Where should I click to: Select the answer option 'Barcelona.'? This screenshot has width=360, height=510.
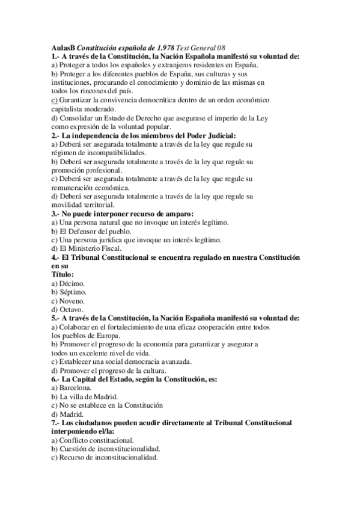75,388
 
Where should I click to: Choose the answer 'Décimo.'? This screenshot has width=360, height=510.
72,283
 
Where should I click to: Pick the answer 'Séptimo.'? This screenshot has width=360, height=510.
73,292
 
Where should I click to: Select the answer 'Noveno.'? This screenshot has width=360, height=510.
72,300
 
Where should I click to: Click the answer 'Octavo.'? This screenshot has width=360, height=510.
72,309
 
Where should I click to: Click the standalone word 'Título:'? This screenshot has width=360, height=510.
63,274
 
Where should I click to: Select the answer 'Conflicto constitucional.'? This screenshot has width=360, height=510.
96,440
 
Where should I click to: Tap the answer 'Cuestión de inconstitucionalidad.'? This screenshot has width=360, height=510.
109,449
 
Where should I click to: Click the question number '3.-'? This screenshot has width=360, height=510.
55,214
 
